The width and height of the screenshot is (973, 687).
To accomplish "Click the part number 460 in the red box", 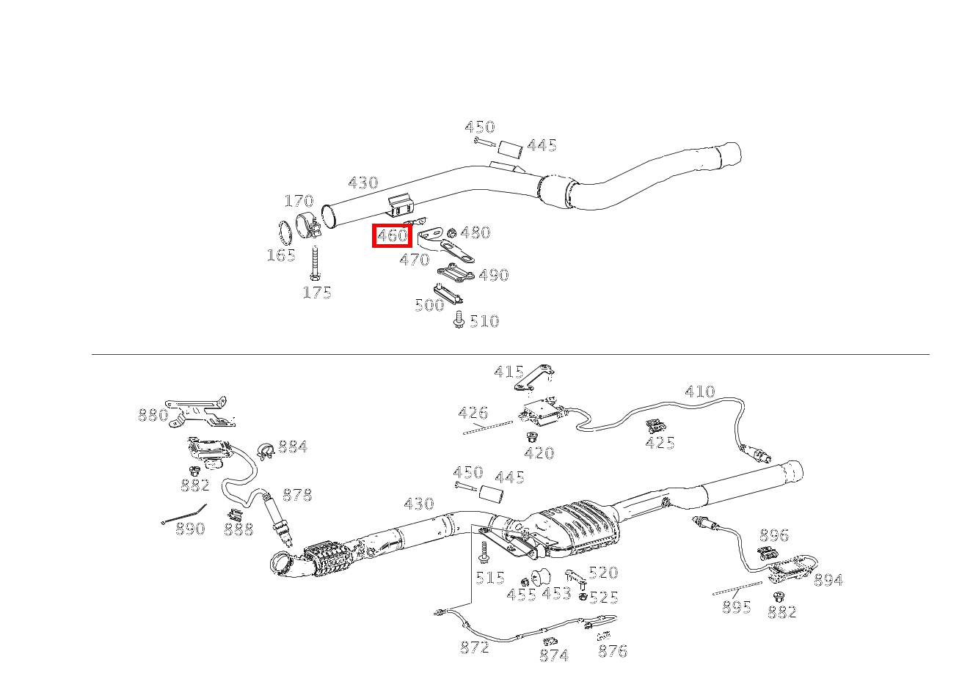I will tap(392, 235).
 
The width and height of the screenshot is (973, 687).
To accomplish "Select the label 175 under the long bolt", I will tap(317, 293).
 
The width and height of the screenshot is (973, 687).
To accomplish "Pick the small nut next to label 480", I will tap(452, 233).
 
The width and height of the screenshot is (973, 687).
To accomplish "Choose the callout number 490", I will tap(493, 276).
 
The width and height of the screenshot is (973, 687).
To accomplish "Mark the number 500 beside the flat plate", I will tap(429, 305).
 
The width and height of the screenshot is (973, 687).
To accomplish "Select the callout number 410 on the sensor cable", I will tap(699, 392).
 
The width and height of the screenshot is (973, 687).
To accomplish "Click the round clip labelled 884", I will tap(267, 450).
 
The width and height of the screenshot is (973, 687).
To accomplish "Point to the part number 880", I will tap(153, 416).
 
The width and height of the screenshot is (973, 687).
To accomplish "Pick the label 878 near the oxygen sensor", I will tap(297, 496).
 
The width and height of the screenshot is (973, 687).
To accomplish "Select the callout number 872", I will tap(475, 648).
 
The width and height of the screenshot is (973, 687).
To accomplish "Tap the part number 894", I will tap(828, 581).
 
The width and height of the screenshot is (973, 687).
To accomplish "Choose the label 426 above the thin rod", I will tap(473, 414).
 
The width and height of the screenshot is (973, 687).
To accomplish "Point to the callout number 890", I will tap(190, 529).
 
